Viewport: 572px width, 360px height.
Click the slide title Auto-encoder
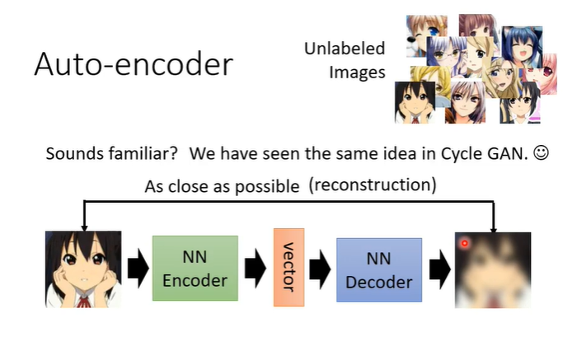point(134,64)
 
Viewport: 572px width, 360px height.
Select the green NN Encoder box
point(195,269)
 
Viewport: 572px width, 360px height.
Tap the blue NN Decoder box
point(378,270)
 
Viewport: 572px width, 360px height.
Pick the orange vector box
point(288,269)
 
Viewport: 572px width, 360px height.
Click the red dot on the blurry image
point(466,243)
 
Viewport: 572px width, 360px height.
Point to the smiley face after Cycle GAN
point(541,154)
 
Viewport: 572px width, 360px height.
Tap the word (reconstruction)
point(373,185)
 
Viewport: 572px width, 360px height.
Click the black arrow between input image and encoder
point(137,269)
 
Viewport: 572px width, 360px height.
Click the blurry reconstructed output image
point(493,269)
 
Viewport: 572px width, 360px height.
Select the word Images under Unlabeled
point(357,72)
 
